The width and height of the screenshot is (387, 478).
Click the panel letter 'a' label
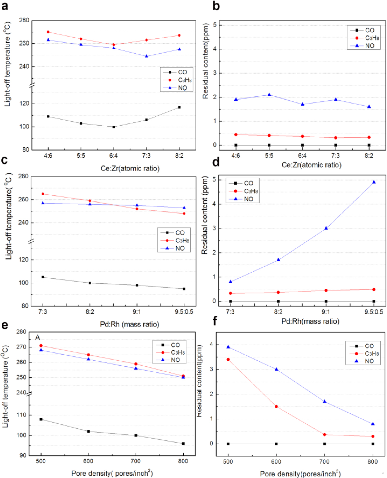pyautogui.click(x=5, y=6)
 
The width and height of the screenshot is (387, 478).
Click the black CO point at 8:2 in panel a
pyautogui.click(x=179, y=107)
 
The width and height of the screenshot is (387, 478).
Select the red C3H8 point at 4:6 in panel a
pyautogui.click(x=48, y=32)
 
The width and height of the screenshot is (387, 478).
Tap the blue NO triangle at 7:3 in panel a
pyautogui.click(x=147, y=56)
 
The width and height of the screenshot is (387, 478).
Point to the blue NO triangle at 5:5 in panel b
pyautogui.click(x=269, y=95)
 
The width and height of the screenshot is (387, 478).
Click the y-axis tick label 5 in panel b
pyautogui.click(x=215, y=25)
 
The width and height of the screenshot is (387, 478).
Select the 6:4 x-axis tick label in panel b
pyautogui.click(x=302, y=156)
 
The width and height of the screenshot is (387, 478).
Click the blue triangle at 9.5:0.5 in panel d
pyautogui.click(x=374, y=182)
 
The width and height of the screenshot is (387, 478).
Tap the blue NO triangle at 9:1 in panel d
pyautogui.click(x=326, y=228)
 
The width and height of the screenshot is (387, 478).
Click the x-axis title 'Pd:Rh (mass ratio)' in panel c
pyautogui.click(x=130, y=324)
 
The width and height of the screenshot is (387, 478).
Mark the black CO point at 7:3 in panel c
pyautogui.click(x=43, y=277)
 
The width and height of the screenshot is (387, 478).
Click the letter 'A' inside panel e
pyautogui.click(x=38, y=337)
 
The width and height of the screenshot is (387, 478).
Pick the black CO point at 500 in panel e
pyautogui.click(x=41, y=419)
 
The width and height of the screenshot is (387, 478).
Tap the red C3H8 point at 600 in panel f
pyautogui.click(x=276, y=406)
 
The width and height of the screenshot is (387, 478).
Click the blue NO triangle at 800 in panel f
pyautogui.click(x=373, y=424)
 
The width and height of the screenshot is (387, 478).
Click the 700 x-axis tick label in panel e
pyautogui.click(x=135, y=461)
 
